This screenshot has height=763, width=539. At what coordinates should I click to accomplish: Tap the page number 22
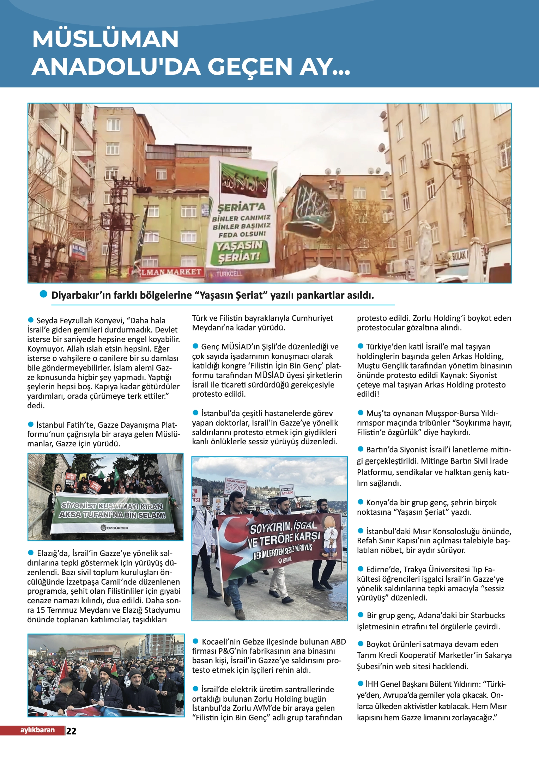click(71, 731)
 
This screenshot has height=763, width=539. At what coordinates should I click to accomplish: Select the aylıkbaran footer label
click(37, 730)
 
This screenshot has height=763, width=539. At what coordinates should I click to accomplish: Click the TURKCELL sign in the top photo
click(229, 273)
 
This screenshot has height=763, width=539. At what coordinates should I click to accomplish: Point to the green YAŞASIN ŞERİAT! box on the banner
click(240, 252)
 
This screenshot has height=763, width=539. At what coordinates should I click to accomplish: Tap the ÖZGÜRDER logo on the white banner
click(115, 528)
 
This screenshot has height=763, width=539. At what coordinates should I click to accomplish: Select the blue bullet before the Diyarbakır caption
click(43, 294)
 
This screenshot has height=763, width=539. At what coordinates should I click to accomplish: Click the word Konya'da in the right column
click(380, 502)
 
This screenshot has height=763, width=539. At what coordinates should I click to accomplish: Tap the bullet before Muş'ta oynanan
click(361, 413)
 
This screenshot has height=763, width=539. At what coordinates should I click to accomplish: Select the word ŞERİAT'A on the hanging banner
click(241, 207)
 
